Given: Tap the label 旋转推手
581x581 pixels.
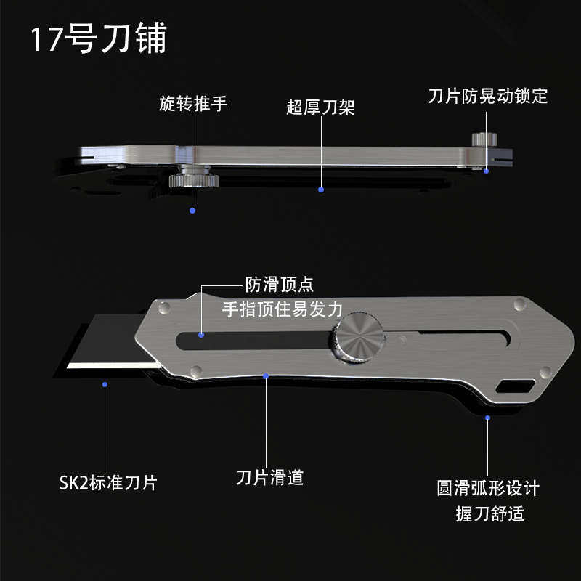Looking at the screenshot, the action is pyautogui.click(x=193, y=104).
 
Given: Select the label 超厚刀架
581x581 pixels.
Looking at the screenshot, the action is pyautogui.click(x=320, y=109).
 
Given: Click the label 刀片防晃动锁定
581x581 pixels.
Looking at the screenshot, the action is pyautogui.click(x=487, y=96).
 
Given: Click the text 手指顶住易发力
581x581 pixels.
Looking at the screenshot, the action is pyautogui.click(x=282, y=309).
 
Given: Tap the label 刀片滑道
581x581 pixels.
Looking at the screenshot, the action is pyautogui.click(x=269, y=477).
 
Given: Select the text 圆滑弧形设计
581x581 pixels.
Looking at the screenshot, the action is pyautogui.click(x=488, y=487).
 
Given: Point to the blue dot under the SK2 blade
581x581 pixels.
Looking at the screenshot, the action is pyautogui.click(x=105, y=383).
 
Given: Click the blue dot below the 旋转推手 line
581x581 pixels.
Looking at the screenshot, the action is pyautogui.click(x=192, y=211).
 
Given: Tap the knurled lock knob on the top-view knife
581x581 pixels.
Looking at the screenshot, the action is pyautogui.click(x=480, y=139).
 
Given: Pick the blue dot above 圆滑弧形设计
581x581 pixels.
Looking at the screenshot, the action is pyautogui.click(x=487, y=418).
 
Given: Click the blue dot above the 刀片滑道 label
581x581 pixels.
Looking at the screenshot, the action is pyautogui.click(x=267, y=375).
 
